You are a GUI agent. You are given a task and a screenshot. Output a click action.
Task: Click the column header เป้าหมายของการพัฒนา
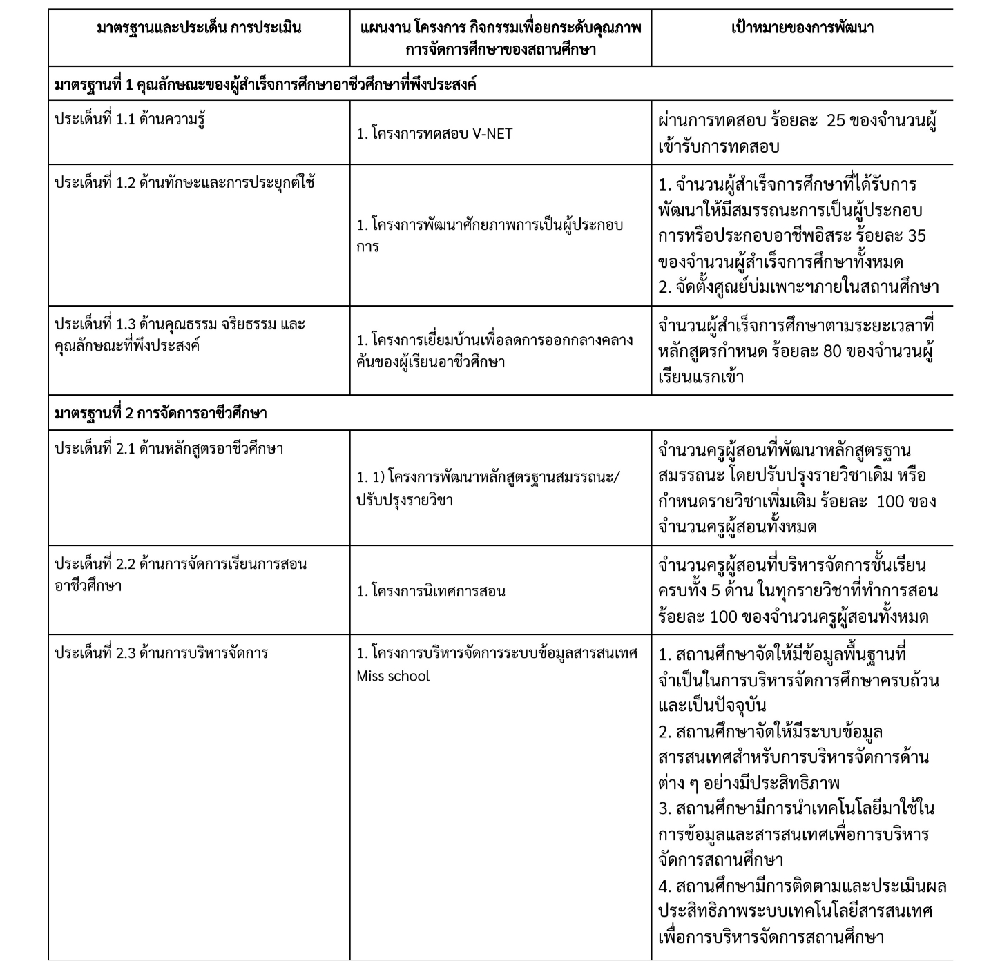pyautogui.click(x=802, y=29)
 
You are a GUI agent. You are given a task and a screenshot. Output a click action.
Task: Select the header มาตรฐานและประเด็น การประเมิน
pyautogui.click(x=199, y=29)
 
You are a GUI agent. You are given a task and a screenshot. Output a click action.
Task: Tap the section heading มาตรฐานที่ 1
pyautogui.click(x=265, y=85)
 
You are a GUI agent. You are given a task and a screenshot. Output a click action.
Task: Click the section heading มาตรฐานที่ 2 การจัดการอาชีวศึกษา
pyautogui.click(x=160, y=414)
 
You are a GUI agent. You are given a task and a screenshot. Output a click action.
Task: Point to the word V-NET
pyautogui.click(x=492, y=134)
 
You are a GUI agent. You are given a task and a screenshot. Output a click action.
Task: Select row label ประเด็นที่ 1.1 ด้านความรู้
pyautogui.click(x=129, y=119)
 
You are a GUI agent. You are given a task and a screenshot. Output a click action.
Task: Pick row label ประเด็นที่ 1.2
pyautogui.click(x=184, y=183)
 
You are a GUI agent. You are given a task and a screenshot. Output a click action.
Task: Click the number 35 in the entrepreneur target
pyautogui.click(x=916, y=235)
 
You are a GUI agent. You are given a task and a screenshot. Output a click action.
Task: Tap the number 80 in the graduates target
pyautogui.click(x=832, y=351)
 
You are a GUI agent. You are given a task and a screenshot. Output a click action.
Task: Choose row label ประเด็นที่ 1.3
pyautogui.click(x=180, y=335)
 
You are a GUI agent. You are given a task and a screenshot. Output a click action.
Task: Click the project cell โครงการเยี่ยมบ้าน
pyautogui.click(x=494, y=351)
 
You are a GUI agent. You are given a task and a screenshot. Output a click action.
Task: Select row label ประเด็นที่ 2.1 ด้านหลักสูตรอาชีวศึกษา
pyautogui.click(x=169, y=449)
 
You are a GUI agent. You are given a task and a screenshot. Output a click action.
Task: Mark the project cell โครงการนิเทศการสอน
pyautogui.click(x=431, y=591)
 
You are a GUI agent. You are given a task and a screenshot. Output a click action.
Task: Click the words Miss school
pyautogui.click(x=393, y=676)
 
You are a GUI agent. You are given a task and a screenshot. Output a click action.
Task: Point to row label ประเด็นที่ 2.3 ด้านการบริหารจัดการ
pyautogui.click(x=161, y=653)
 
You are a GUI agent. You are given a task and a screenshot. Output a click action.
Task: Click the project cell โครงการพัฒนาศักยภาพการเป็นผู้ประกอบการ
pyautogui.click(x=490, y=235)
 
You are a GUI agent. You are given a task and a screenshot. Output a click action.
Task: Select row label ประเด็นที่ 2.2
pyautogui.click(x=180, y=574)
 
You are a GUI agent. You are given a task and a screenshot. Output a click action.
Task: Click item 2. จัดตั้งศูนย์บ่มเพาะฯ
pyautogui.click(x=798, y=287)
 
